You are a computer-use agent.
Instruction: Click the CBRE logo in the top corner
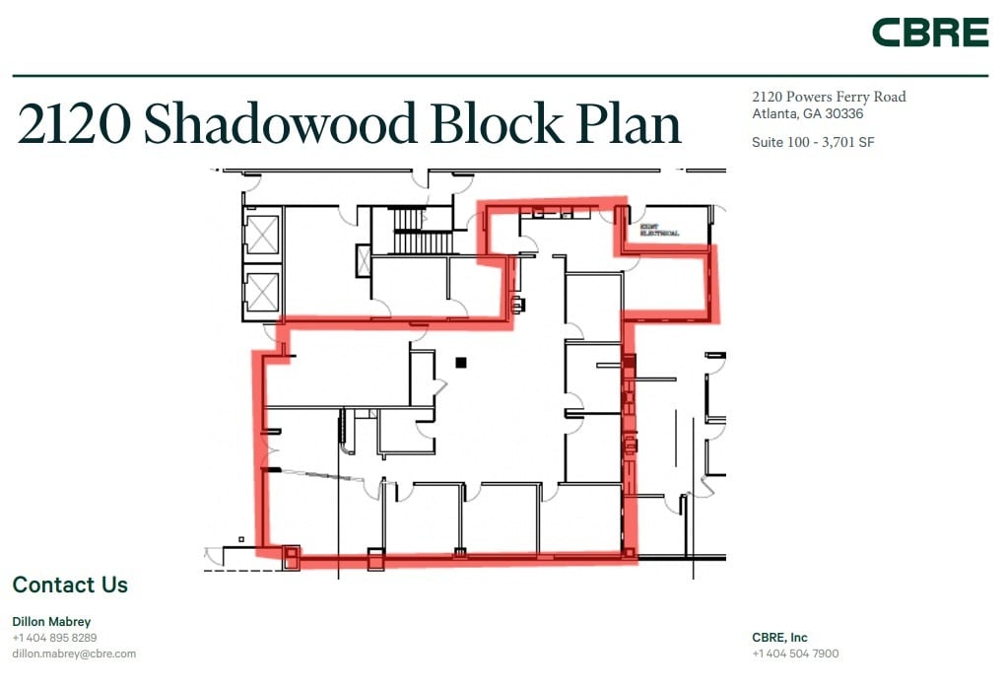[929, 33]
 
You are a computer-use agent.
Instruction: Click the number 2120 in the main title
[74, 125]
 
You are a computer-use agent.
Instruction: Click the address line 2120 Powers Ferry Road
[828, 97]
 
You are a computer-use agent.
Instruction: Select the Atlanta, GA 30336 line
[807, 113]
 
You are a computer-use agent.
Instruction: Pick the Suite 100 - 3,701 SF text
[813, 142]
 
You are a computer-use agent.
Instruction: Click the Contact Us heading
[70, 585]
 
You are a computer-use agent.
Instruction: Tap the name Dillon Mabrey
[51, 622]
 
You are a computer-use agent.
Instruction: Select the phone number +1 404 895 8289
[54, 638]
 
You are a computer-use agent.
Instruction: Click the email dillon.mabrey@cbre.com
[74, 654]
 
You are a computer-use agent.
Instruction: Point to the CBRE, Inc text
[779, 638]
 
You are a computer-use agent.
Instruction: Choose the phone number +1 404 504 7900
[795, 654]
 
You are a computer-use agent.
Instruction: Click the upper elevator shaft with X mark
[263, 236]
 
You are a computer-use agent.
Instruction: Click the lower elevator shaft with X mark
[263, 291]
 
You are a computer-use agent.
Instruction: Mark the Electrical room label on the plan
[659, 231]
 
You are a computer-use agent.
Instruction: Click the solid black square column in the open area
[460, 363]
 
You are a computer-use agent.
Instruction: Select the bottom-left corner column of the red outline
[291, 556]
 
